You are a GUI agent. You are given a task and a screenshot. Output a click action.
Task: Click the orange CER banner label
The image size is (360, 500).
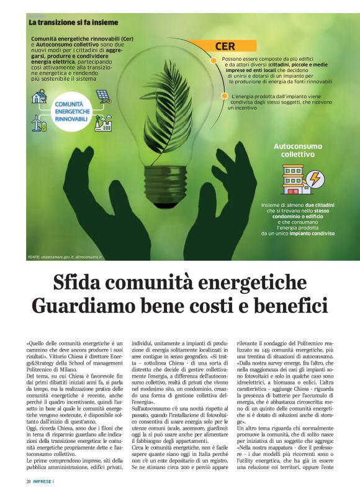coord(225,47)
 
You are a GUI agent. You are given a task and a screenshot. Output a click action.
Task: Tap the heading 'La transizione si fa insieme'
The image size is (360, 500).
coord(73,22)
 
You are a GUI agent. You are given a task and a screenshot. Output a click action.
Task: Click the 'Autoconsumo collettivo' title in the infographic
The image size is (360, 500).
coord(297,150)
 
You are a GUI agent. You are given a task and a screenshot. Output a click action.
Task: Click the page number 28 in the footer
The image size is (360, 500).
coord(29,481)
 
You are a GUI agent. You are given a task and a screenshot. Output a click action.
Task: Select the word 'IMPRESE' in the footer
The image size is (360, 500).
coord(43,481)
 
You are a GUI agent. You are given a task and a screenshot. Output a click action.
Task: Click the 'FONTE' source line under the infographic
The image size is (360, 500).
coord(65,257)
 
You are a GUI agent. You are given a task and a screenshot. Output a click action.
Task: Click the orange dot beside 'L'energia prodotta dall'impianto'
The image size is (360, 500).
coord(224,96)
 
